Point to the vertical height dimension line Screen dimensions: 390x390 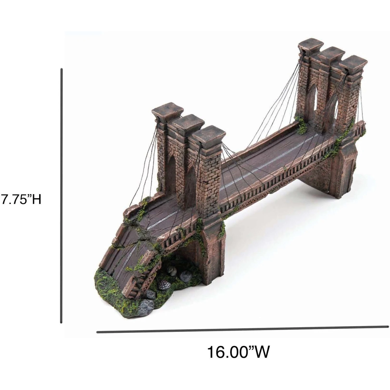(x=61, y=196)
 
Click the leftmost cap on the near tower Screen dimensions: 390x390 (x=165, y=110)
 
